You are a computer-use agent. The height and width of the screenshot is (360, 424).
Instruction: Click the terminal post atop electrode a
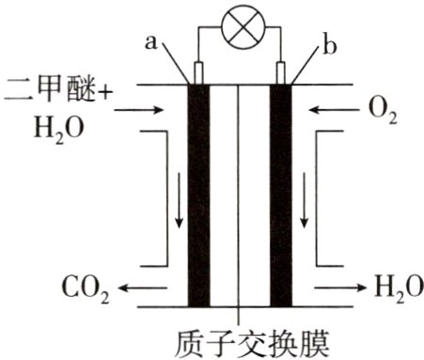click(198, 71)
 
